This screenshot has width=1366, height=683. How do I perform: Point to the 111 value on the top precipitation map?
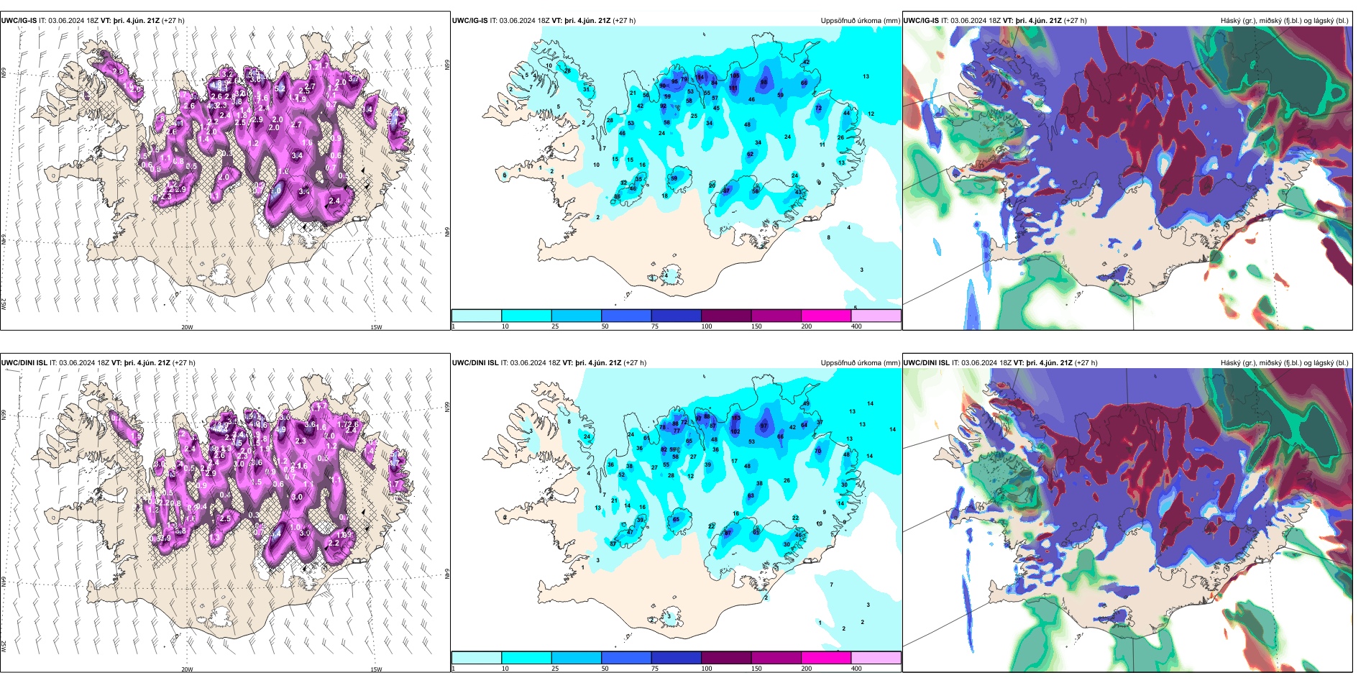point(734,88)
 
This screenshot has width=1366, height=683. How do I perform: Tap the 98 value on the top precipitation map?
point(764,82)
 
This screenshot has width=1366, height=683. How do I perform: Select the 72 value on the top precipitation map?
point(818,108)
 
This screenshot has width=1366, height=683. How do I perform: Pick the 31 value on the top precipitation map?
point(587,89)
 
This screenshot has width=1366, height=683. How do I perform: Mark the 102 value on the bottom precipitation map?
point(735,431)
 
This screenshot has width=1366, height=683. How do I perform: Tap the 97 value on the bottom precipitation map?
point(764,426)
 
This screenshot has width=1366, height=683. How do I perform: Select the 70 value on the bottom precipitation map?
point(817,451)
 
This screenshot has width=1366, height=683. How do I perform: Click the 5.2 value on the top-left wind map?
point(280,89)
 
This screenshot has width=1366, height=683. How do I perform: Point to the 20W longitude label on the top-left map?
point(187,327)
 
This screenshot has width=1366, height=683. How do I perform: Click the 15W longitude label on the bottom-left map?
point(376,669)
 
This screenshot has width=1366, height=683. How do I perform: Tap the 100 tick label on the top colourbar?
point(707,326)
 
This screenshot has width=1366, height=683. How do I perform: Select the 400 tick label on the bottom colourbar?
point(856,669)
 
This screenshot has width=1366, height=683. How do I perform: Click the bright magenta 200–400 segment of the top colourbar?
point(826,316)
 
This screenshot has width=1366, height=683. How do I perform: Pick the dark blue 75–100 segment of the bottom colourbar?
point(676,658)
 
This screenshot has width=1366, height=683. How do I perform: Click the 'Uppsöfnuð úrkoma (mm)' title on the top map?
point(860,21)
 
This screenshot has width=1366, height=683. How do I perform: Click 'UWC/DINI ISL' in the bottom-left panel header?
point(24,363)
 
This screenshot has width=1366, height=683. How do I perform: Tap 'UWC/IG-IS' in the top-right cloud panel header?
point(921,21)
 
